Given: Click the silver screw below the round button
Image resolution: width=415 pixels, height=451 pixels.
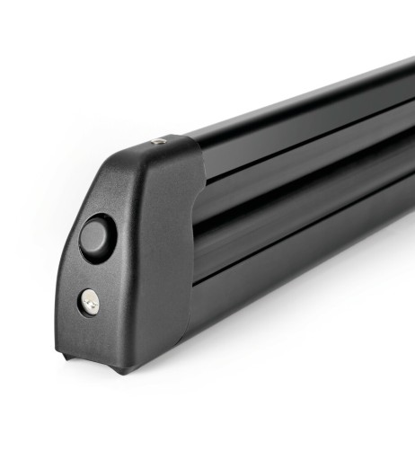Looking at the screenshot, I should (90, 304).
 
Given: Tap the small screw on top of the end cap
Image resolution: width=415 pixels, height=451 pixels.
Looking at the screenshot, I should (158, 141).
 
